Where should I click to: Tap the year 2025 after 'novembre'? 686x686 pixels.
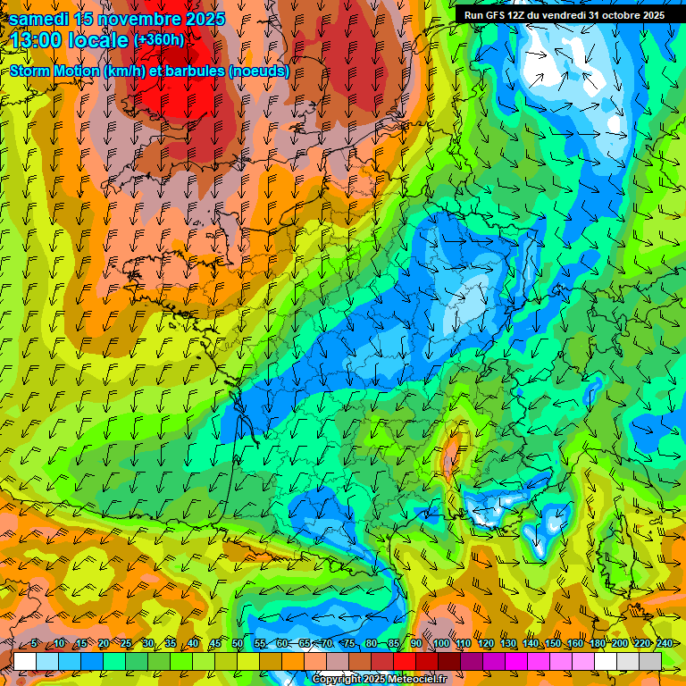pos(202,19)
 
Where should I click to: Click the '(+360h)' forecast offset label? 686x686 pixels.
pos(158,40)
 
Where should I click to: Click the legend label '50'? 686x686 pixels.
pos(238,644)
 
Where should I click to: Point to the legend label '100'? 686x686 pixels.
pos(440,644)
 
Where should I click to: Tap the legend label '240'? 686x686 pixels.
pos(664,644)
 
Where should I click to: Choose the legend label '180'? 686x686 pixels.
pos(597,644)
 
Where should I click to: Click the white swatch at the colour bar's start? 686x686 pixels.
pos(25,660)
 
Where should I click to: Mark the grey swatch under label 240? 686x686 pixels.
pos(650,660)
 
